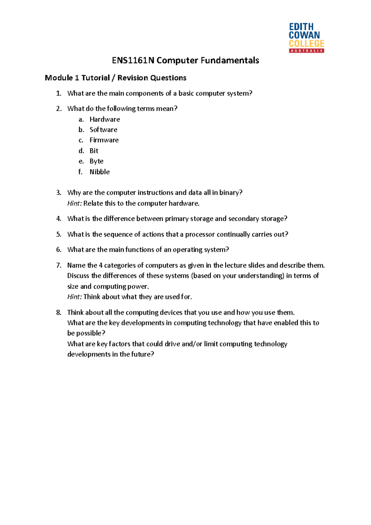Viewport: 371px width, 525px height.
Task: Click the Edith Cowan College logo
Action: click(306, 37)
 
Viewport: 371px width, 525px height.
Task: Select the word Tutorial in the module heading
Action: click(96, 78)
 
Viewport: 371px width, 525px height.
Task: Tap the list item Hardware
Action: click(104, 119)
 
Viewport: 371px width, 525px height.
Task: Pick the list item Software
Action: click(103, 130)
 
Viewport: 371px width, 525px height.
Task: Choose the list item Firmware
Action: click(104, 140)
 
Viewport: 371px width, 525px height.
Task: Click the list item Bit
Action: click(94, 151)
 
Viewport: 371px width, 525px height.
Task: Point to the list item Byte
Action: click(96, 161)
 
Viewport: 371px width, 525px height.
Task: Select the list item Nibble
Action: click(100, 172)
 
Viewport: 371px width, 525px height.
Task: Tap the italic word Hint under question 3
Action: click(74, 203)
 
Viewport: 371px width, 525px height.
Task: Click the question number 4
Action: click(58, 219)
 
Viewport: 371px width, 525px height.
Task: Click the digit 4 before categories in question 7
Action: click(100, 265)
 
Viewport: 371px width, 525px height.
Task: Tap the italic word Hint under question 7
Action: click(74, 297)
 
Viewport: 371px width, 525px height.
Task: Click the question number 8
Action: click(58, 312)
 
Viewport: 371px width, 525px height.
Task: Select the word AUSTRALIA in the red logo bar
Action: click(306, 51)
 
